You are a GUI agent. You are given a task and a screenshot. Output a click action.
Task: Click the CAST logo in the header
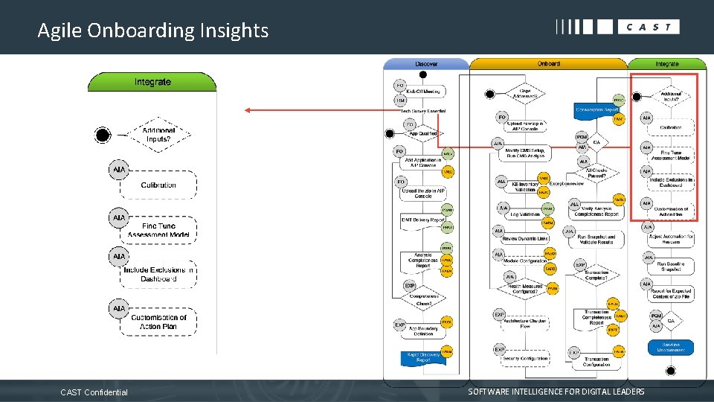point(617,27)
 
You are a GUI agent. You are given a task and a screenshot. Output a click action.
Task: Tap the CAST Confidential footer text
point(94,392)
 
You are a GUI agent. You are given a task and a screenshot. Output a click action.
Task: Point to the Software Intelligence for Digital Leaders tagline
point(556,392)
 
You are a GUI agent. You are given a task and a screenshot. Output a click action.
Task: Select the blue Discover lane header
point(425,64)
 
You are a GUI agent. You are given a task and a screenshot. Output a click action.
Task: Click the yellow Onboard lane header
point(548,64)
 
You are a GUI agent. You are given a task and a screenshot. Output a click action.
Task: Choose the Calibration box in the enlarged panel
point(158,185)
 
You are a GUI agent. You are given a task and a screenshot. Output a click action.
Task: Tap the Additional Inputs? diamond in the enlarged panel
point(158,135)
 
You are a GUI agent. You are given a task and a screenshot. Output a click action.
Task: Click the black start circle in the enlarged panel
point(103,135)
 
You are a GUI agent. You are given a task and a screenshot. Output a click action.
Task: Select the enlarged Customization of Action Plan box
point(158,322)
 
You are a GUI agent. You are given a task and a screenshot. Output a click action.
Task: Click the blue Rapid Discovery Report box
point(423,357)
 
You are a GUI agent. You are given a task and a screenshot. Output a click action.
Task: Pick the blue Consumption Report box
point(596,110)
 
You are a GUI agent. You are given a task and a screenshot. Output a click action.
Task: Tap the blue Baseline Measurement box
point(671,347)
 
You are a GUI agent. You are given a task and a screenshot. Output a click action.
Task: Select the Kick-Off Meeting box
point(423,92)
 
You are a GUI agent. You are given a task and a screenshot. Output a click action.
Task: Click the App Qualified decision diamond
point(423,134)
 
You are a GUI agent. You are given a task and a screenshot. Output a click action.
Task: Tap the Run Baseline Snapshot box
point(671,266)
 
